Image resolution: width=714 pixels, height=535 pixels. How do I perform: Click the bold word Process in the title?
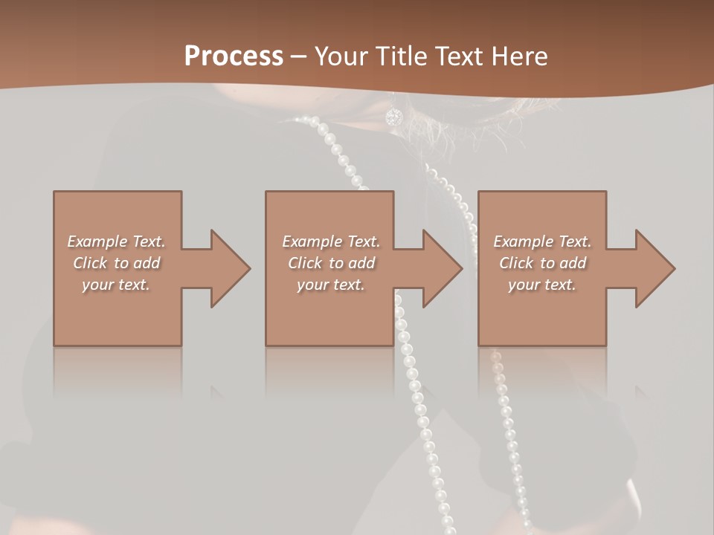pos(234,56)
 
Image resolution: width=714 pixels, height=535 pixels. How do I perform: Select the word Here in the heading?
pos(521,56)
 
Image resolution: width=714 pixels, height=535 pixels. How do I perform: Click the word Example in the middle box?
pos(306,241)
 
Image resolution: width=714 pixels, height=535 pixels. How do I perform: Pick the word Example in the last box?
pos(518,241)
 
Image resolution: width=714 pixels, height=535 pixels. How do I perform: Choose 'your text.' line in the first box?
pos(116,285)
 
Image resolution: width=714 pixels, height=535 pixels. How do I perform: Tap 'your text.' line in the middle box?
pos(330,285)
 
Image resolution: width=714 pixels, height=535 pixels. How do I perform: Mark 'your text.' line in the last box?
pos(542,285)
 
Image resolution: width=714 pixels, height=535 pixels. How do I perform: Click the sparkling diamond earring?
pos(393,117)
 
